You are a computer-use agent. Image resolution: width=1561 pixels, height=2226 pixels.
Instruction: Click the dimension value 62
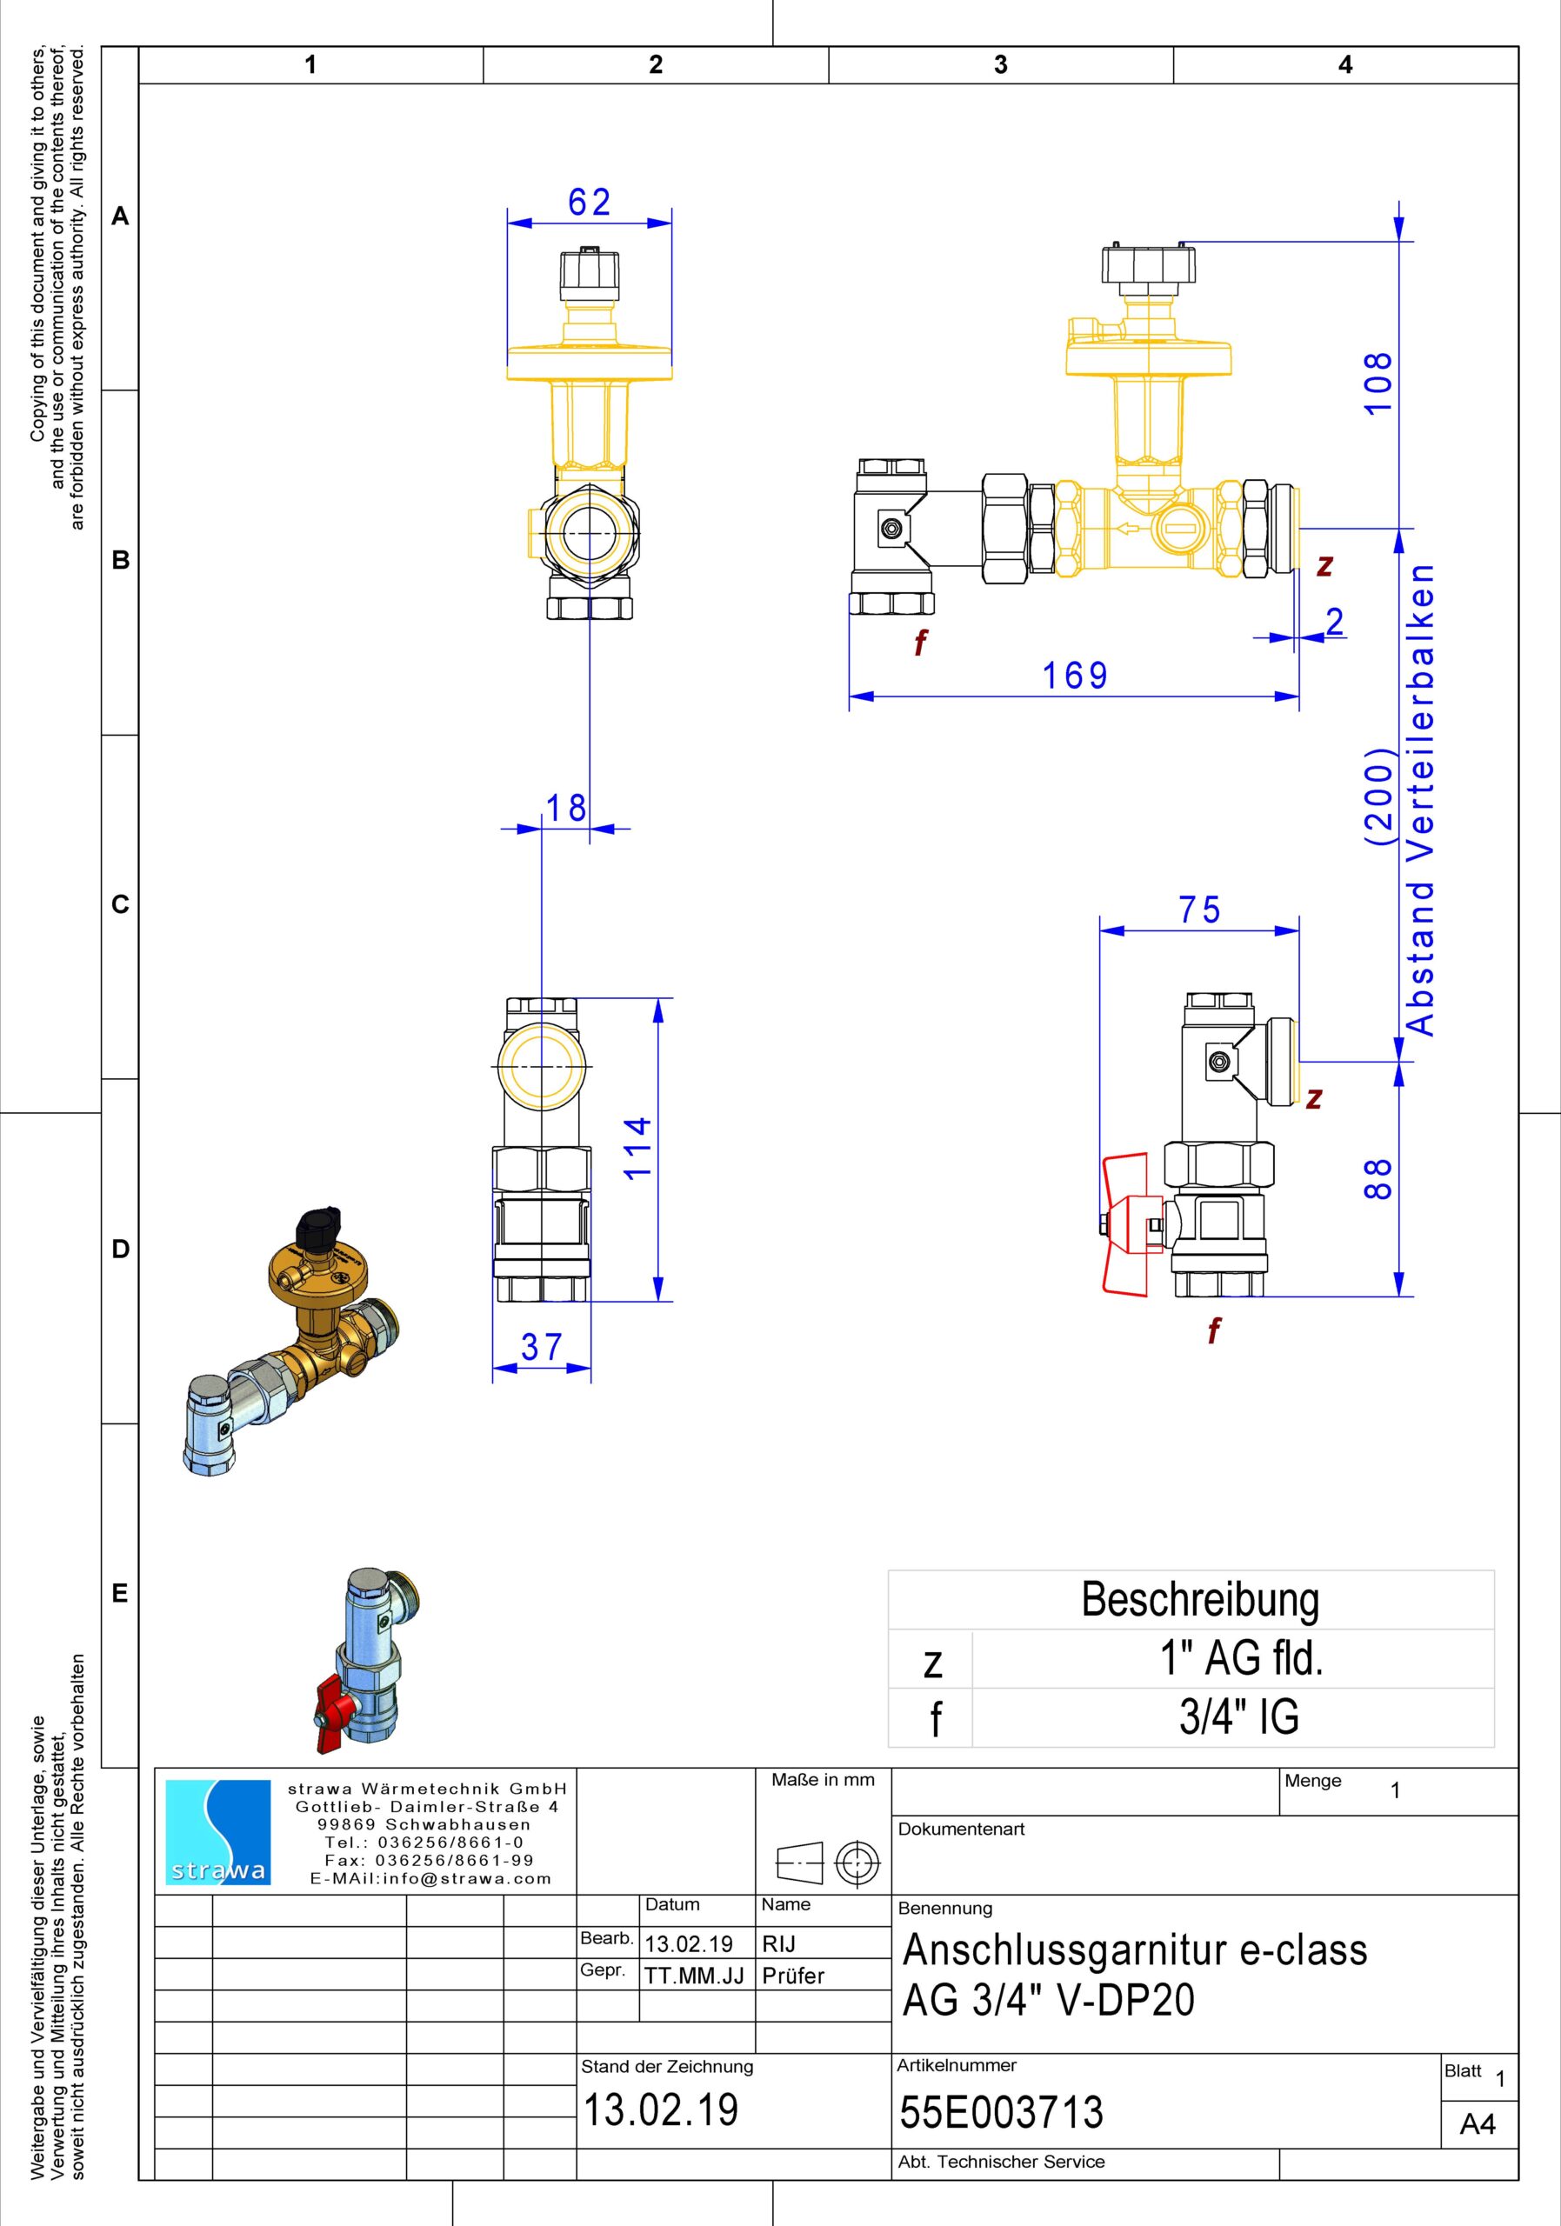590,202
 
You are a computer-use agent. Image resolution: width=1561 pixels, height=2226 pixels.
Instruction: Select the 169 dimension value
1074,676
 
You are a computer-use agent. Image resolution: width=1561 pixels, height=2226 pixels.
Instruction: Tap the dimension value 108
1378,383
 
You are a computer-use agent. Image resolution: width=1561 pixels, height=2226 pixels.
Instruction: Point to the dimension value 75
1199,910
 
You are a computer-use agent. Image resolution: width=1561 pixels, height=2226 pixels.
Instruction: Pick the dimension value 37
541,1348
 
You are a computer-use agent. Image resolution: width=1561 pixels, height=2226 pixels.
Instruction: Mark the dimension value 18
565,808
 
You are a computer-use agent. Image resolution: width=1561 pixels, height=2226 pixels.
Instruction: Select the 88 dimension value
1378,1178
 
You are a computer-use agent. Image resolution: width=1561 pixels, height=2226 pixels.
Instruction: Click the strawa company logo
218,1832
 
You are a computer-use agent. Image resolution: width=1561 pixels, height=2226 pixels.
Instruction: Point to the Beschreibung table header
1200,1600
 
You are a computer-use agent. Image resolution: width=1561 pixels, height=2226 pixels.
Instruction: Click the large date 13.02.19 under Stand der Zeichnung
660,2109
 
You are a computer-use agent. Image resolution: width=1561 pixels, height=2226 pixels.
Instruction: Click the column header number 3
1001,64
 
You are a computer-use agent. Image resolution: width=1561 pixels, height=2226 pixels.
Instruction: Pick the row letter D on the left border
120,1249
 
